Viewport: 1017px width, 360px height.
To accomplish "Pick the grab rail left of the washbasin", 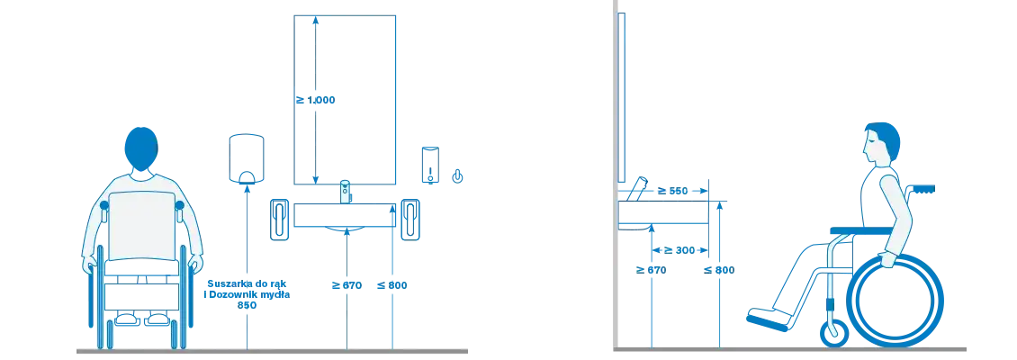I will click(280, 220).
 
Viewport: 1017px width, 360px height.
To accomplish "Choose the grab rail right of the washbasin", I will click(409, 220).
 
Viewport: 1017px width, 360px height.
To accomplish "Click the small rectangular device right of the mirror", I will click(429, 165).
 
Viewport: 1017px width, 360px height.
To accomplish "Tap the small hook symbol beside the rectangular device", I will click(457, 175).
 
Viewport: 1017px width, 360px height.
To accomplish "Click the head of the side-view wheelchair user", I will click(881, 144).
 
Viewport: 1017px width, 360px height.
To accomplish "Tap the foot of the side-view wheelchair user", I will click(761, 315).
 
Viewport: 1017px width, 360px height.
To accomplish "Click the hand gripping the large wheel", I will click(886, 260).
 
